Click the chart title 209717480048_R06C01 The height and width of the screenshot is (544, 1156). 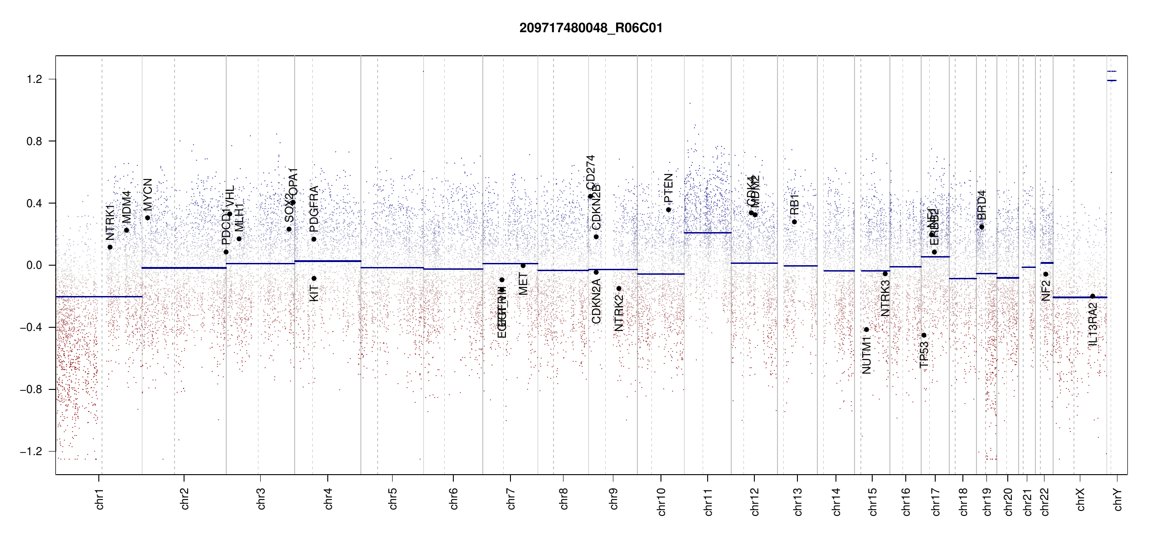[591, 28]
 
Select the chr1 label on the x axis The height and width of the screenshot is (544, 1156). [99, 499]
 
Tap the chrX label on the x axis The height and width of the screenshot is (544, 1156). [1080, 499]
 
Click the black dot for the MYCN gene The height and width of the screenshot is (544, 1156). [147, 218]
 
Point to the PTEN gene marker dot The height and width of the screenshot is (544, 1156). [668, 210]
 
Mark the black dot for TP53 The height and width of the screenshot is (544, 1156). [924, 335]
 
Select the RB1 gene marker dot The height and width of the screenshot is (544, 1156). [794, 222]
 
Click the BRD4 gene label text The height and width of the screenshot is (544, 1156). [981, 205]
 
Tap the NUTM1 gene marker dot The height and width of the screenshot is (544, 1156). [866, 330]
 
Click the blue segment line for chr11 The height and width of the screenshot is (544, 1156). [707, 233]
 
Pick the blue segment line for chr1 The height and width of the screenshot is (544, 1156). [99, 296]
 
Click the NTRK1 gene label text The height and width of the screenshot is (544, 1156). [110, 222]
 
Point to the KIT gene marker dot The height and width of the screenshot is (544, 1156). [314, 278]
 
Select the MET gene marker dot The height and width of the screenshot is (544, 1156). [523, 266]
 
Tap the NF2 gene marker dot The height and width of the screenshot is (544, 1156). [1045, 274]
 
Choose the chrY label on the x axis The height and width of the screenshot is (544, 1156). [1117, 499]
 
